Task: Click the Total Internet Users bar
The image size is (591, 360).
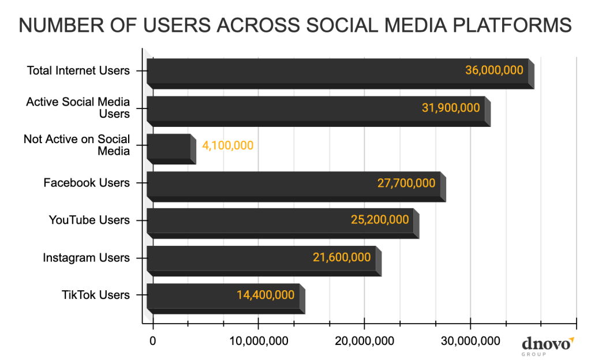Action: click(306, 72)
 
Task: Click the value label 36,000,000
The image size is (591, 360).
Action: click(494, 70)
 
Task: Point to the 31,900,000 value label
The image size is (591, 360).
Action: click(451, 108)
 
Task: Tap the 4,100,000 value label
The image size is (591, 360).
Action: click(227, 145)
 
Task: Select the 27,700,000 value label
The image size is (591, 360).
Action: click(406, 183)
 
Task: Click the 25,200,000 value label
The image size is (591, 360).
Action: click(380, 220)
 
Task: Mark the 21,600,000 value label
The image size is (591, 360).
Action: click(342, 257)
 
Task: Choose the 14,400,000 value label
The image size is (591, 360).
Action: click(265, 295)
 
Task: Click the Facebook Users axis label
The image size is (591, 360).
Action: click(87, 183)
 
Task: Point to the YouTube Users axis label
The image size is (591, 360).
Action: click(89, 220)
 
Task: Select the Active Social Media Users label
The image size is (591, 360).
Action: click(78, 108)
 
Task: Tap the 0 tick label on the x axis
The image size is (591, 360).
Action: click(152, 341)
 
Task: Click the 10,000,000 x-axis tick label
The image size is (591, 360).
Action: click(259, 341)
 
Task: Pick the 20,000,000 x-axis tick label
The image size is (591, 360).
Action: click(364, 341)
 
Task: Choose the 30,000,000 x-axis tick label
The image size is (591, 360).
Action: click(470, 341)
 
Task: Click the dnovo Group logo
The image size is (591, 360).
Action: click(548, 345)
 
